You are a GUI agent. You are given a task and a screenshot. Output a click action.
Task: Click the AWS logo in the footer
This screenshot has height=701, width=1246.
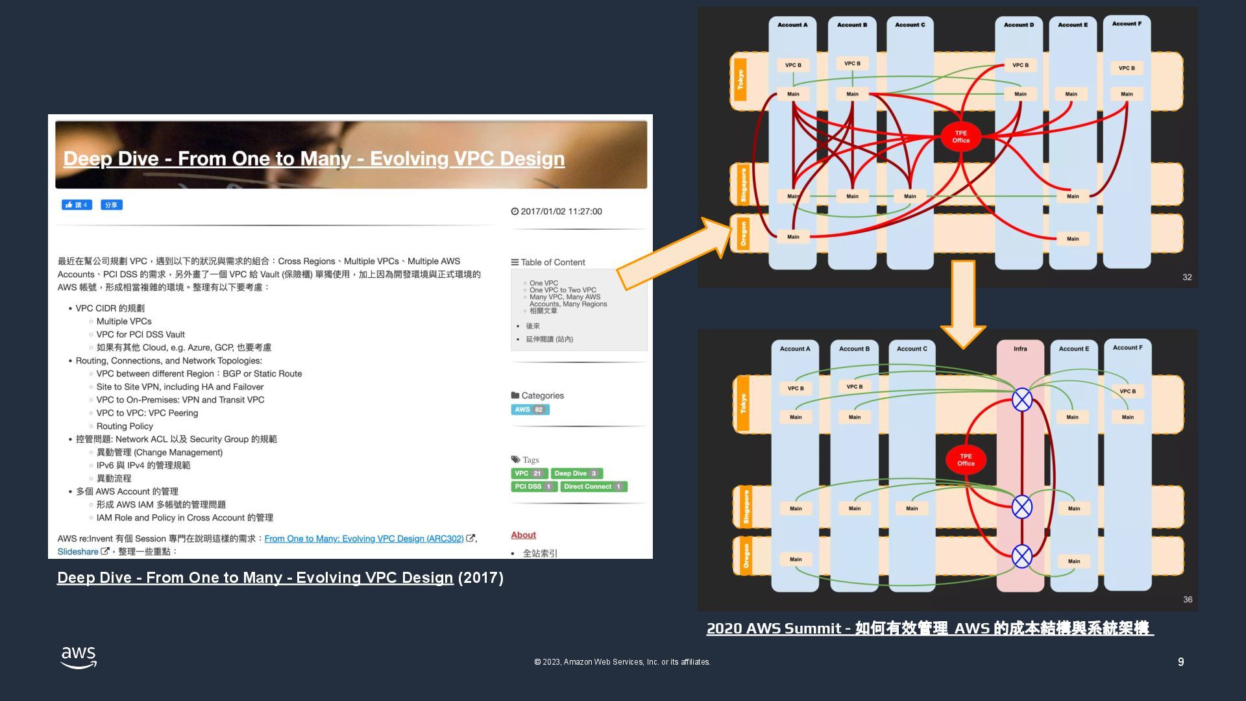click(x=79, y=657)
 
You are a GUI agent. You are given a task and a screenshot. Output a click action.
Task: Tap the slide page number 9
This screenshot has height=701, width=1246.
click(x=1180, y=662)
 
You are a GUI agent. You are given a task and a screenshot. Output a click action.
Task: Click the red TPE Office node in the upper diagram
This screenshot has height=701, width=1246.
click(x=960, y=137)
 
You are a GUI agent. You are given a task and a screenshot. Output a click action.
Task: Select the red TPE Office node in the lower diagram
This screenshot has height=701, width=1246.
click(x=966, y=460)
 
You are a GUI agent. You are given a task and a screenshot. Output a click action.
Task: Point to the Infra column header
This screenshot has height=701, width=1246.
click(x=1020, y=349)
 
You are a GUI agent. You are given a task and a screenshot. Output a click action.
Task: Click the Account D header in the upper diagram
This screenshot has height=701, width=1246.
click(x=1018, y=25)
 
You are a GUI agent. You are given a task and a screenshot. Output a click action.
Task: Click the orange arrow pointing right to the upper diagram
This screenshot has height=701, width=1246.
click(x=675, y=254)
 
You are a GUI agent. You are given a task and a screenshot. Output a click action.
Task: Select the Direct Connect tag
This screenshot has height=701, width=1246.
click(x=593, y=487)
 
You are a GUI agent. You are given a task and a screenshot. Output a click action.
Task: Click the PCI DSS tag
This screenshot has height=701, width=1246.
click(x=533, y=487)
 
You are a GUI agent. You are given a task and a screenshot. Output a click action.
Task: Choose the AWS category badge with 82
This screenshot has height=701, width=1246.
click(x=530, y=410)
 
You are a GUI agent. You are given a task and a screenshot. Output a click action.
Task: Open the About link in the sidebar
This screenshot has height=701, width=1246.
click(x=523, y=535)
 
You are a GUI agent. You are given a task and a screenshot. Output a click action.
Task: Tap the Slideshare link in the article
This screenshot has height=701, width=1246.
click(x=78, y=552)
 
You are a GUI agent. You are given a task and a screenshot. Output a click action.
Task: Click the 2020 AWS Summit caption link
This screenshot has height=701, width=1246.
click(x=929, y=628)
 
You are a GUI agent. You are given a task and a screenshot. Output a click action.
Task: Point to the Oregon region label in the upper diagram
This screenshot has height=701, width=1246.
click(x=743, y=234)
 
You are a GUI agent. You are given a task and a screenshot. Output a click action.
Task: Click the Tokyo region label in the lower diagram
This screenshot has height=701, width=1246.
click(x=743, y=404)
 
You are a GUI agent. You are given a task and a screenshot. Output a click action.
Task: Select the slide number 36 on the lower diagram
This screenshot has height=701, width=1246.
click(x=1187, y=600)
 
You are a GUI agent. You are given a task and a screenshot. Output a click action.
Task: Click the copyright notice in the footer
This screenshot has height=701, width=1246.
click(x=622, y=662)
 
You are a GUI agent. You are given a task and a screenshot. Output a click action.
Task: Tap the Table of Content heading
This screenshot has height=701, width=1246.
click(x=552, y=262)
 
